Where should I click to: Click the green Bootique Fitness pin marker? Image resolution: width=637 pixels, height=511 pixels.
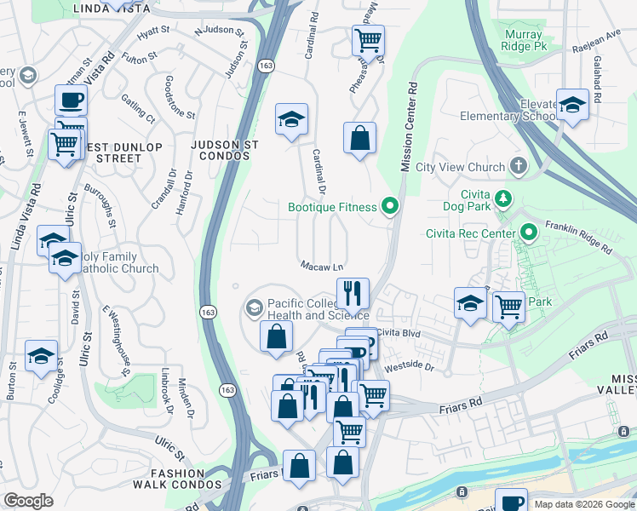391,206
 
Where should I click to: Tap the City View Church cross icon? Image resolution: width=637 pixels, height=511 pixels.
518,166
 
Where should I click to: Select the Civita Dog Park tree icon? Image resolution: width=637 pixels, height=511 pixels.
503,198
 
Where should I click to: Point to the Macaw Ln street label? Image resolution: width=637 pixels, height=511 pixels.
321,266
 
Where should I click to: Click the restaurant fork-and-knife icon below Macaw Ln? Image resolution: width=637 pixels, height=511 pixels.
353,294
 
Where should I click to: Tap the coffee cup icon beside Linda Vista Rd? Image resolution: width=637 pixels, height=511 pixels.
71,100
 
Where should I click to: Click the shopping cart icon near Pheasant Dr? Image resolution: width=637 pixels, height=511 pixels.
367,39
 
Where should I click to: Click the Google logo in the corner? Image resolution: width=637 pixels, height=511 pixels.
28,501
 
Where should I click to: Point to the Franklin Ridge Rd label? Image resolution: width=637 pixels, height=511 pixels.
582,237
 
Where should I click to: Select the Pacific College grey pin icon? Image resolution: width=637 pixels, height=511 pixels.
254,307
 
